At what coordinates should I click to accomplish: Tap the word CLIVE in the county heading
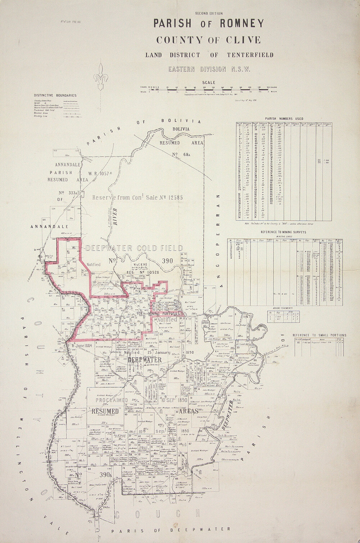click(243, 40)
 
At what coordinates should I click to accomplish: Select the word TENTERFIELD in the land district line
click(250, 55)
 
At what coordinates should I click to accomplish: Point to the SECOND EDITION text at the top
click(209, 13)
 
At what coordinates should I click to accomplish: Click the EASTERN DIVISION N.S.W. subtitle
click(209, 69)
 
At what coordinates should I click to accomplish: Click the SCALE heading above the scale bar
click(209, 83)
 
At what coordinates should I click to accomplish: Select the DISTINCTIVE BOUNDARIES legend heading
click(55, 95)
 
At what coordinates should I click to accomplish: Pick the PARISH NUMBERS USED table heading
click(284, 119)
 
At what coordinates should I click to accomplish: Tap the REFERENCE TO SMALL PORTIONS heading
click(319, 335)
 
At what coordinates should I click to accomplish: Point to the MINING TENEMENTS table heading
click(283, 308)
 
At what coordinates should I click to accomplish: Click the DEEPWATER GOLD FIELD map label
click(134, 248)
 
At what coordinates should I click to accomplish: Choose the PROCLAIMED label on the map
click(112, 400)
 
